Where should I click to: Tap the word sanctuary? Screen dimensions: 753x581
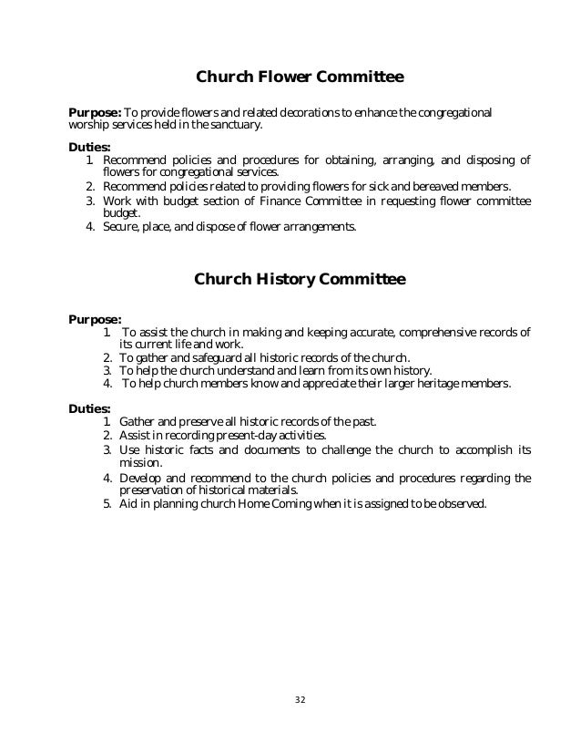click(233, 125)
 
